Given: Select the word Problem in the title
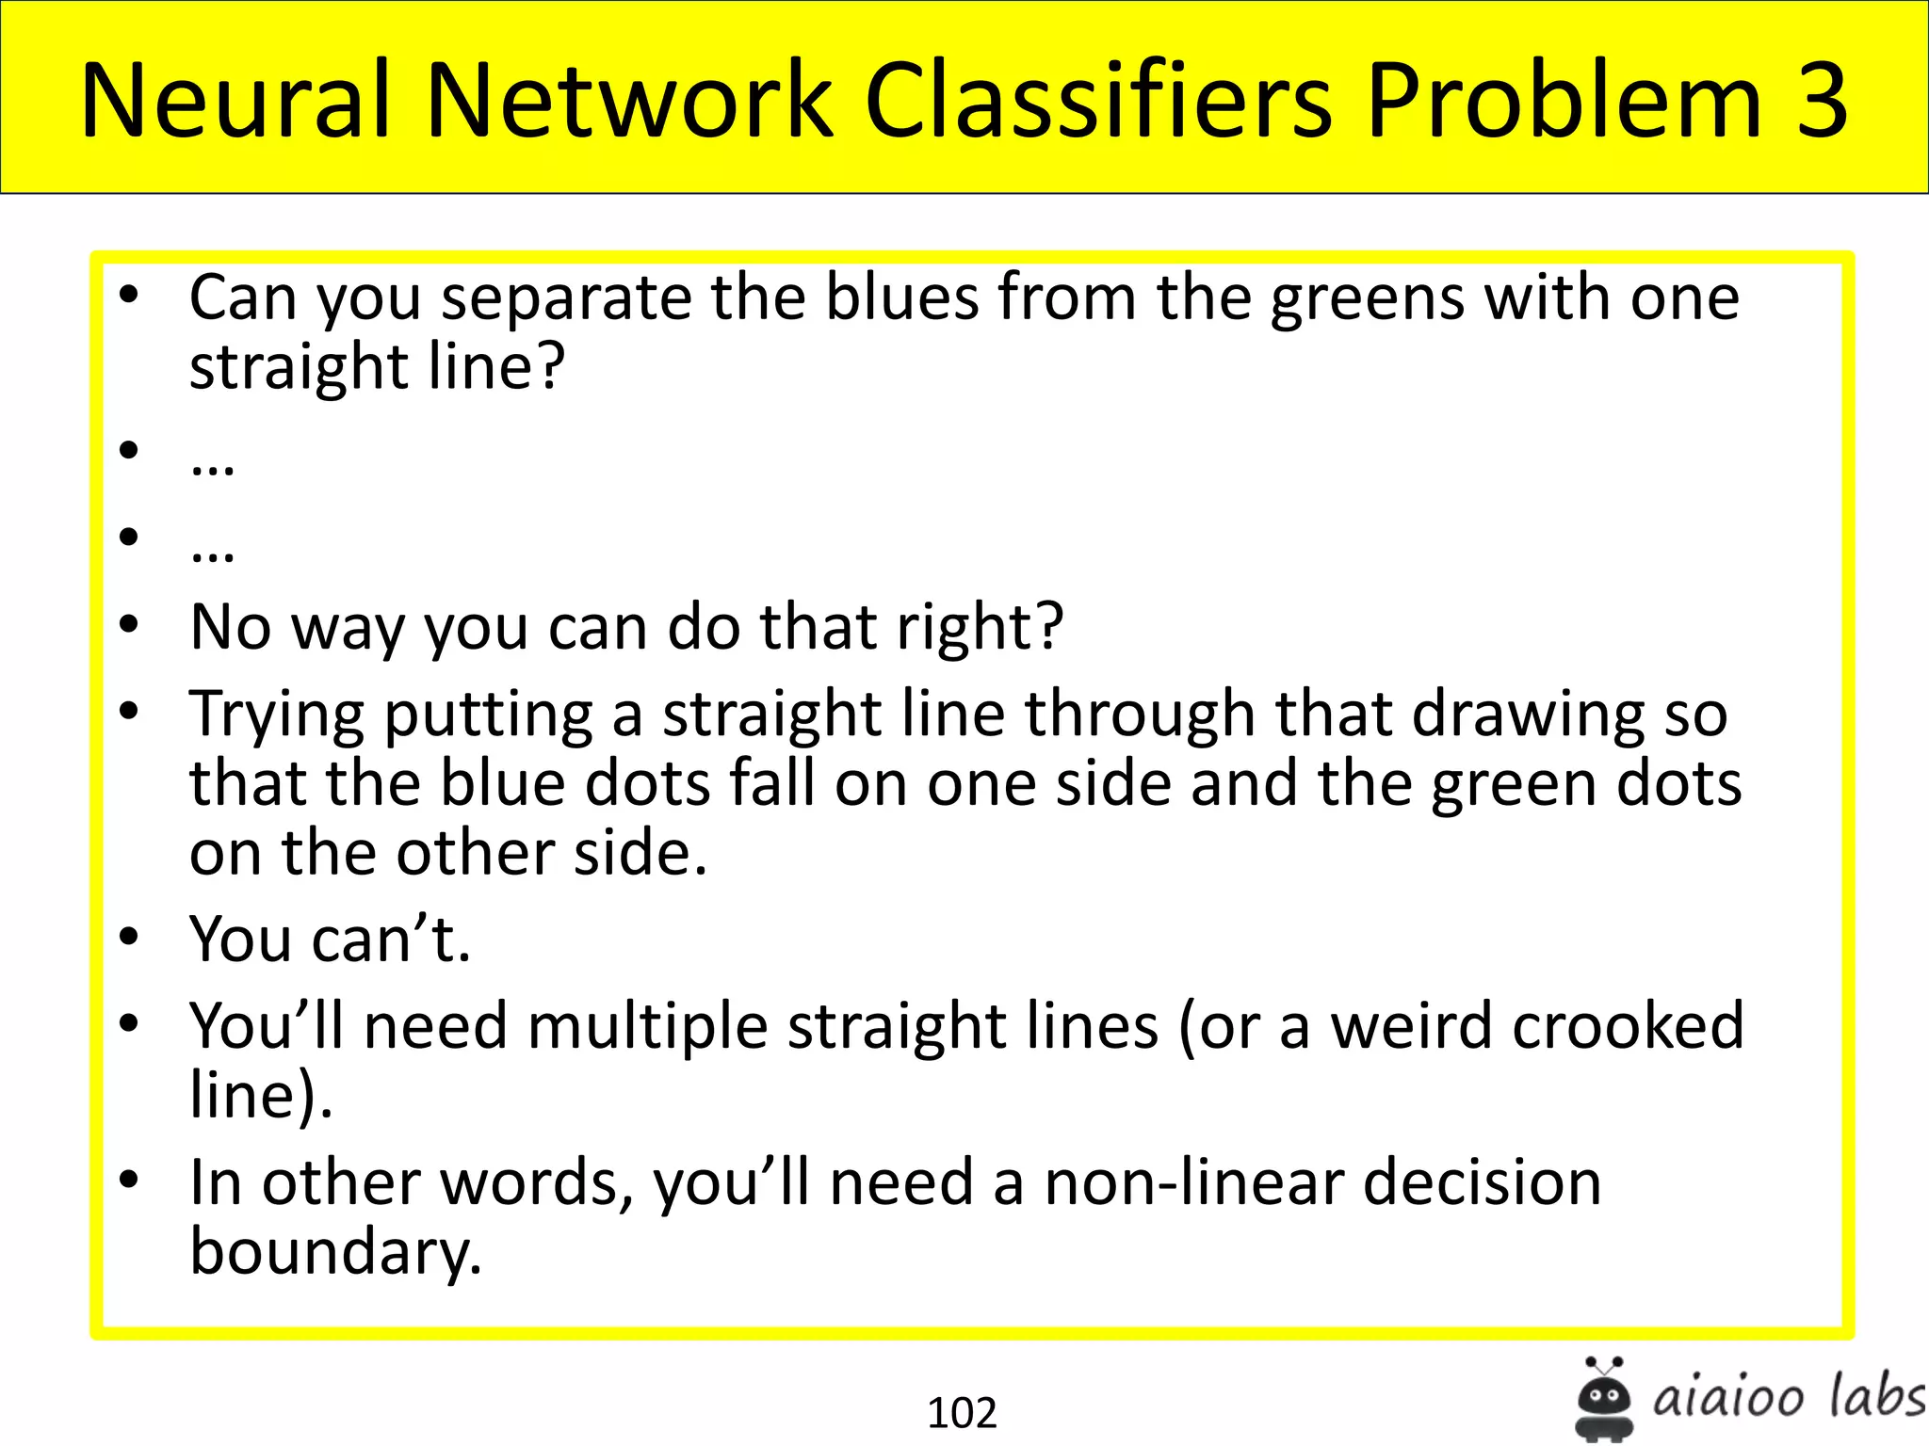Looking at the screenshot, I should click(x=1564, y=101).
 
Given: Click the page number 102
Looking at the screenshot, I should click(x=962, y=1413).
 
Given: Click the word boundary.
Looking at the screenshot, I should click(x=335, y=1252).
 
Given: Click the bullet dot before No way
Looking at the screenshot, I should click(x=129, y=624).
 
